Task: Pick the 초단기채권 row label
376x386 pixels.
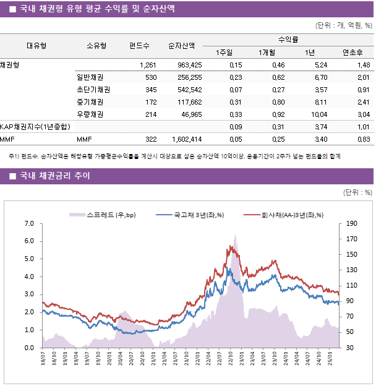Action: (93, 90)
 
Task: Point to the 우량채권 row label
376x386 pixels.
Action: (90, 114)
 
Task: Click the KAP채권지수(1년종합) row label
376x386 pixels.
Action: (35, 127)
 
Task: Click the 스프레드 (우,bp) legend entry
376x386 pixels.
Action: (103, 215)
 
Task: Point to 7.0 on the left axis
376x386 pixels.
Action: (29, 223)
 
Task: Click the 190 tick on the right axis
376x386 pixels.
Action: (352, 223)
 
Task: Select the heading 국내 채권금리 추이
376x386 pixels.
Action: (55, 176)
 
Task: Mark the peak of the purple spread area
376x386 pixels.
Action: (235, 234)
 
